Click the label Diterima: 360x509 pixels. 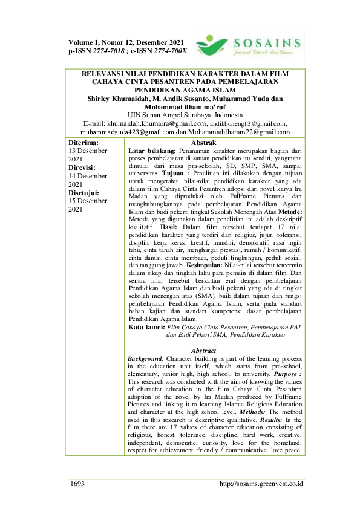click(85, 142)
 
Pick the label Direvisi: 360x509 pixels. click(84, 167)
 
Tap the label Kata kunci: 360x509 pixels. click(147, 327)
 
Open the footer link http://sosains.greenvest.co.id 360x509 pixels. click(261, 484)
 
